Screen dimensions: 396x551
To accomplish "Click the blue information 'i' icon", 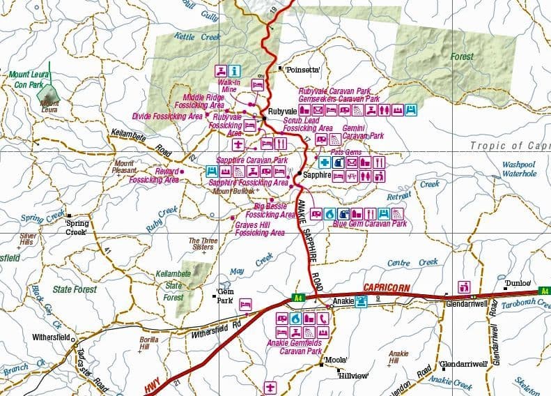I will click(x=235, y=70).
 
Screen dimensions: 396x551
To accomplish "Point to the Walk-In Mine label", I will click(x=230, y=86).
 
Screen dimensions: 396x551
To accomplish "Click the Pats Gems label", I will click(x=346, y=151).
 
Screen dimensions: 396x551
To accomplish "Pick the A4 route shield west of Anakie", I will click(x=298, y=298).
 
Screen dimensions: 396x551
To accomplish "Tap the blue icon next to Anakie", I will click(x=361, y=301).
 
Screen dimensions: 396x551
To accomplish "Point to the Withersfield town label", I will click(x=50, y=337).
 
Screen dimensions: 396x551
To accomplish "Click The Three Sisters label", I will click(x=201, y=244).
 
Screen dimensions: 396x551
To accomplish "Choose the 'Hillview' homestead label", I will click(x=352, y=374).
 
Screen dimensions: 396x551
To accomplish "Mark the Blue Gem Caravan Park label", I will click(x=368, y=224).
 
